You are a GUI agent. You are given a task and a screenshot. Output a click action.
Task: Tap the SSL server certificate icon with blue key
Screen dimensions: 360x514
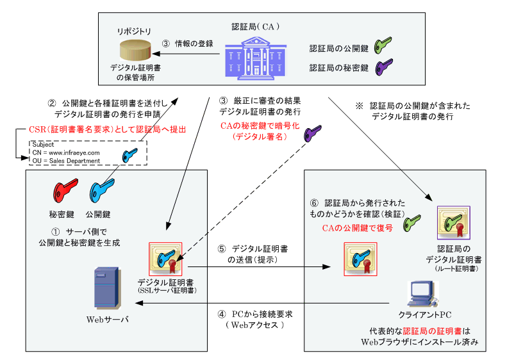click(x=165, y=259)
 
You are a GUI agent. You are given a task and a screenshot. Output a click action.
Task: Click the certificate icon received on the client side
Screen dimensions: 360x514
click(x=361, y=259)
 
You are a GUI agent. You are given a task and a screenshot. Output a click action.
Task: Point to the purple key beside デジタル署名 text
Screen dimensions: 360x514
click(x=313, y=133)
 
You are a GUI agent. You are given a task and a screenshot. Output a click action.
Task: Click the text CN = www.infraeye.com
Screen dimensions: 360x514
click(x=66, y=152)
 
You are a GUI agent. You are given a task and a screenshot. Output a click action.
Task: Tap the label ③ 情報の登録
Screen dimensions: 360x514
click(x=187, y=44)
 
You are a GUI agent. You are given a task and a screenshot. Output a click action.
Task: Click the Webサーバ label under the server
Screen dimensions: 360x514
click(x=106, y=319)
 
